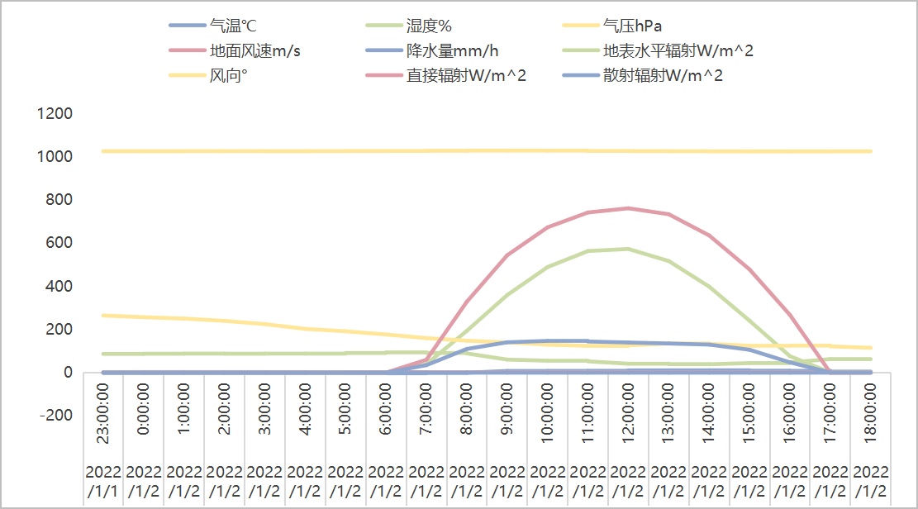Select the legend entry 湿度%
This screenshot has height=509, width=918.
click(429, 26)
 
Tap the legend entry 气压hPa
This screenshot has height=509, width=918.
click(632, 26)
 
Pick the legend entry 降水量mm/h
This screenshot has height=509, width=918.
click(452, 51)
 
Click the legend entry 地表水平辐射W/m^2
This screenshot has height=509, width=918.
click(678, 51)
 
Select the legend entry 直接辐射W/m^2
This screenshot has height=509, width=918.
click(466, 76)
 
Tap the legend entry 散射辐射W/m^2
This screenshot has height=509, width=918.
click(663, 76)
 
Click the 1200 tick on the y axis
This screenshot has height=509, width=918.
click(55, 113)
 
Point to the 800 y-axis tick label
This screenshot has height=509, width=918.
click(60, 199)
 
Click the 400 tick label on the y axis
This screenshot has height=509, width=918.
click(60, 286)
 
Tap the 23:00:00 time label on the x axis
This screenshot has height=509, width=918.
click(103, 418)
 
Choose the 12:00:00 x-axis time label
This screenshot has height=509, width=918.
click(630, 418)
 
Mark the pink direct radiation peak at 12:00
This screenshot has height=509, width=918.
click(630, 208)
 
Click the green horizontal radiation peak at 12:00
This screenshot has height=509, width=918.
click(630, 249)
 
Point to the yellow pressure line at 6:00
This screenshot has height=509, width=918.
click(387, 151)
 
